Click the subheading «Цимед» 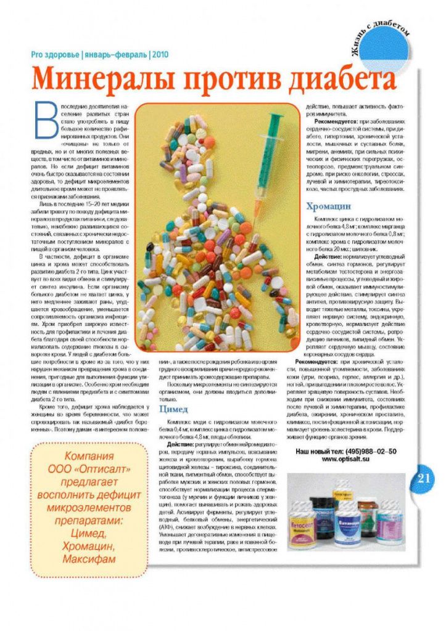click(173, 409)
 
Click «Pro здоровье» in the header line click(55, 54)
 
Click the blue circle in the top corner click(385, 52)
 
